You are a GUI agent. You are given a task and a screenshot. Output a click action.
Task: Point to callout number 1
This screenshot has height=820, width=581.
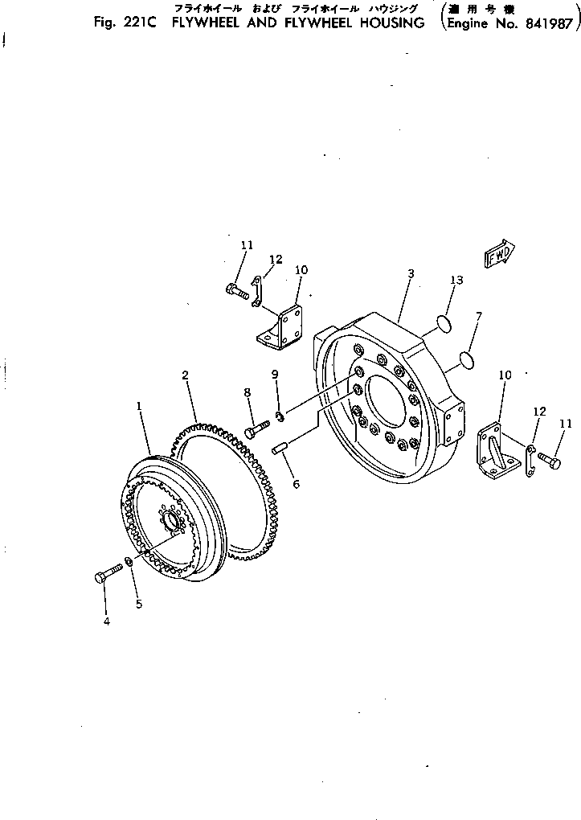coord(139,407)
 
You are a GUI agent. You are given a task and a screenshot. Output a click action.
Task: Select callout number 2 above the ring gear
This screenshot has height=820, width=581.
coord(185,375)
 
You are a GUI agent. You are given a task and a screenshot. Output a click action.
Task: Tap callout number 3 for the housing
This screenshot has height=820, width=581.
coord(411,274)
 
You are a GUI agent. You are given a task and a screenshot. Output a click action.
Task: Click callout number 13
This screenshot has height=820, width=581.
coord(456,280)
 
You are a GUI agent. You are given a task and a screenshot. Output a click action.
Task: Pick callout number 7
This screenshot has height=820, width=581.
coord(478,317)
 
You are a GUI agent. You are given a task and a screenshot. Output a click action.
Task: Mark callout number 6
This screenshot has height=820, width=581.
coord(296,485)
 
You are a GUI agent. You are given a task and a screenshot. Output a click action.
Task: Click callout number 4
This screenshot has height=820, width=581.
coord(105,621)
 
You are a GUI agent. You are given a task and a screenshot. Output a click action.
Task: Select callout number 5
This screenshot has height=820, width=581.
coord(138,604)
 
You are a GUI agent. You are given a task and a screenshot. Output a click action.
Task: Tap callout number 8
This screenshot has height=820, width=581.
coord(248,392)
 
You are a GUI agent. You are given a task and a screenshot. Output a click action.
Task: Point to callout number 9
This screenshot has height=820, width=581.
coord(274,374)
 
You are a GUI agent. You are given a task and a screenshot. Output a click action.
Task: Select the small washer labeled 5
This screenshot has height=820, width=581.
coord(129,560)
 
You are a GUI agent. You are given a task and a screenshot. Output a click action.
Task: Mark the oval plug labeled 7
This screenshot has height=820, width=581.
coord(464,357)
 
